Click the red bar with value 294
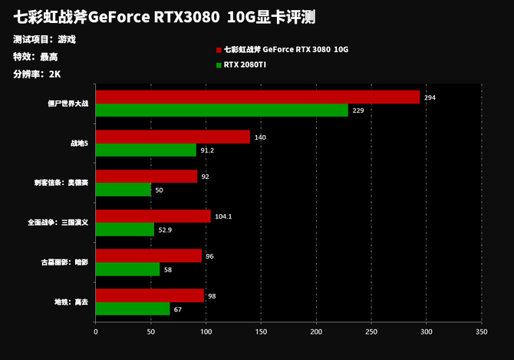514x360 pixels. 258,97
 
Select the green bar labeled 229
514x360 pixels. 222,111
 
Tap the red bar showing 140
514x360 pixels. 173,137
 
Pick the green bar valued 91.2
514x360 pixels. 146,150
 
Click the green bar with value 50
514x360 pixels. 124,190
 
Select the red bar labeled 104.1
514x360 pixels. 153,216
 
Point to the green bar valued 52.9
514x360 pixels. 125,230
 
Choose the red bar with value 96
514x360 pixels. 149,256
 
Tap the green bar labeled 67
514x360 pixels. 133,309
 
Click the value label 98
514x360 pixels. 212,296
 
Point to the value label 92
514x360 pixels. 205,177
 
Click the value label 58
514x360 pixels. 167,269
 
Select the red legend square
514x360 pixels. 219,49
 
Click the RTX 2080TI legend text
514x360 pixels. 245,64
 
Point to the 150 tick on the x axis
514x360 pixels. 261,332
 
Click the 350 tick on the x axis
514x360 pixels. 481,332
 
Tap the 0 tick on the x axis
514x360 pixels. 96,332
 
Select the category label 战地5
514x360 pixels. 79,144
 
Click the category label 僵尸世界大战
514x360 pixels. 68,104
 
